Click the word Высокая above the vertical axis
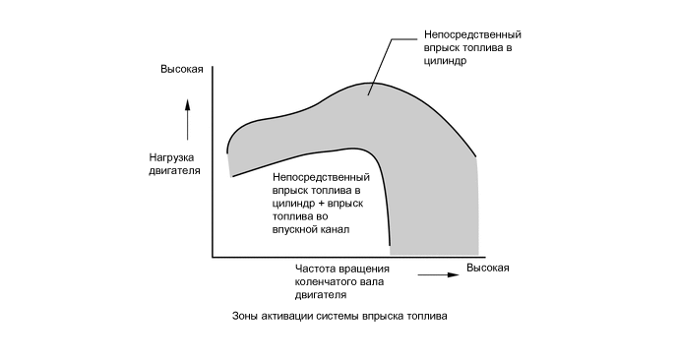[182, 69]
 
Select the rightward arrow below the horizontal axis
[440, 275]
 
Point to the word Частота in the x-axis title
[315, 269]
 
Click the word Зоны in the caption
[245, 317]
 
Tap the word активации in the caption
[286, 317]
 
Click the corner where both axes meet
[213, 258]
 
